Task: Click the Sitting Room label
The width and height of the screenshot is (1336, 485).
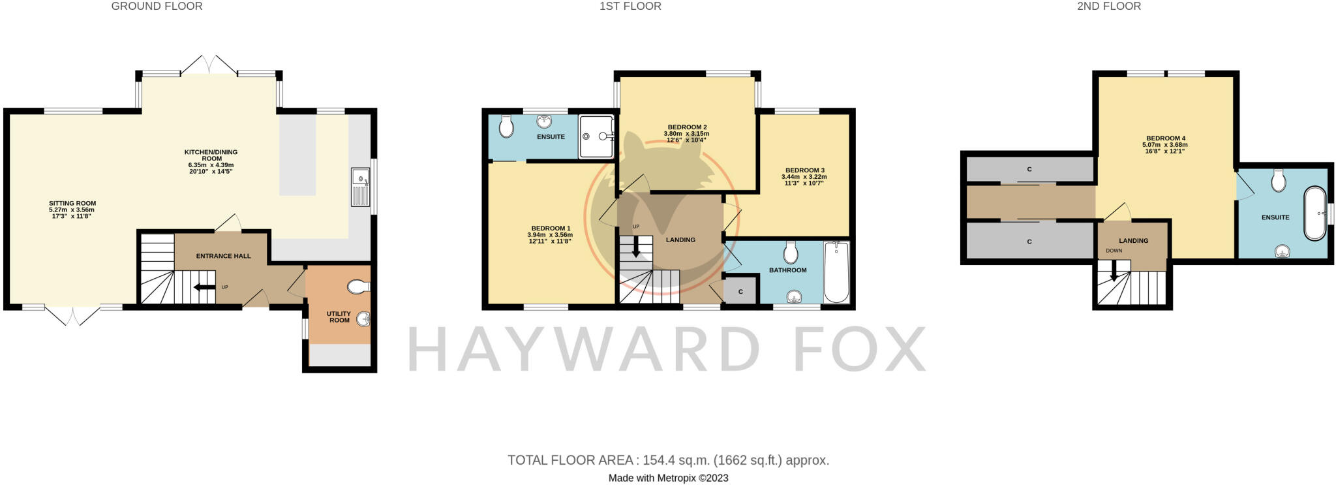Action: [72, 204]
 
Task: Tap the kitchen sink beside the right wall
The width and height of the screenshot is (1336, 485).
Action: [360, 187]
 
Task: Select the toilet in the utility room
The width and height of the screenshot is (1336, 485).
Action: [358, 287]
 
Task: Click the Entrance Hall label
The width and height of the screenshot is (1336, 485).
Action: [223, 256]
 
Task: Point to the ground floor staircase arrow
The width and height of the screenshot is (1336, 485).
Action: [205, 287]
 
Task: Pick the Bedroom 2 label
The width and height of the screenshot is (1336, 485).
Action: [687, 127]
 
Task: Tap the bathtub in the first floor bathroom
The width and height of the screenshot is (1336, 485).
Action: [836, 272]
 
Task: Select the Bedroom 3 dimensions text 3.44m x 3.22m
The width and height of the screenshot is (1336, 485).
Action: [804, 177]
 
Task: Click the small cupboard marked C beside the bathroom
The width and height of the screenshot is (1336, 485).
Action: [741, 291]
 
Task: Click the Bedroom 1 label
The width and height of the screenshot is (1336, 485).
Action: [551, 228]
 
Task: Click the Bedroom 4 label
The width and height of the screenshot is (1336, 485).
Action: [1165, 138]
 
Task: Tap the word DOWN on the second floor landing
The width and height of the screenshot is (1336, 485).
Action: [1114, 251]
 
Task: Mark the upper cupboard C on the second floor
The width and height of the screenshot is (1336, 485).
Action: [1029, 170]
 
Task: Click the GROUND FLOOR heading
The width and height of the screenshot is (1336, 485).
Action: [157, 7]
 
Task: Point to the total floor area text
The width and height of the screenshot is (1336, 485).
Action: [668, 460]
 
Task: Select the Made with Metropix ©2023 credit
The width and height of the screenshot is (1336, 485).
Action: [668, 478]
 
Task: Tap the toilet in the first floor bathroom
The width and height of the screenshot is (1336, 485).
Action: [791, 251]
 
